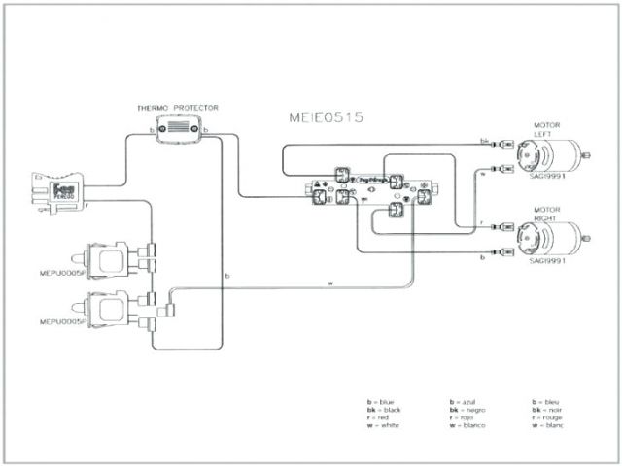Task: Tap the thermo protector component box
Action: click(177, 127)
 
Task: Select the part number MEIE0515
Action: click(326, 117)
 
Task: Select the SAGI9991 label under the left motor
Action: click(547, 178)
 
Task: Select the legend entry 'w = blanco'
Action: click(470, 425)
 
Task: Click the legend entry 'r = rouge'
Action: click(547, 417)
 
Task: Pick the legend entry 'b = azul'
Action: click(466, 401)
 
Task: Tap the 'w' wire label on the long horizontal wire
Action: click(330, 283)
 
